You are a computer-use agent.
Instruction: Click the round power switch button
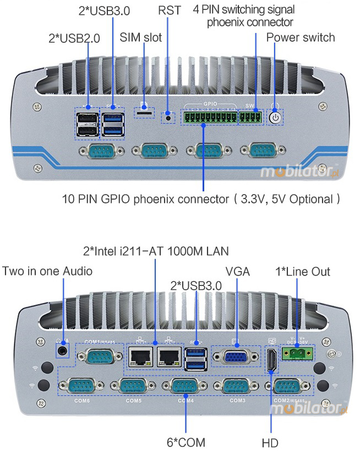click(275, 117)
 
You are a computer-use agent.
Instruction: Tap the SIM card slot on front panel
click(145, 112)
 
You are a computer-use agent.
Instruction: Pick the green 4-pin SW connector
click(250, 117)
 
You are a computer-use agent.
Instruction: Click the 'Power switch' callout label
click(301, 37)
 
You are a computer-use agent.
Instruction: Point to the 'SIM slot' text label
click(141, 37)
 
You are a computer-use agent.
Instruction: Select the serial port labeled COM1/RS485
click(100, 357)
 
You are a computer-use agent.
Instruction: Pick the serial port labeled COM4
click(185, 387)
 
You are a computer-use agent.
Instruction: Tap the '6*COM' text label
click(187, 442)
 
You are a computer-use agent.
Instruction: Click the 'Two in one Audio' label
click(47, 271)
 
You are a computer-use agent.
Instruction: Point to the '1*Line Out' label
click(303, 271)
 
